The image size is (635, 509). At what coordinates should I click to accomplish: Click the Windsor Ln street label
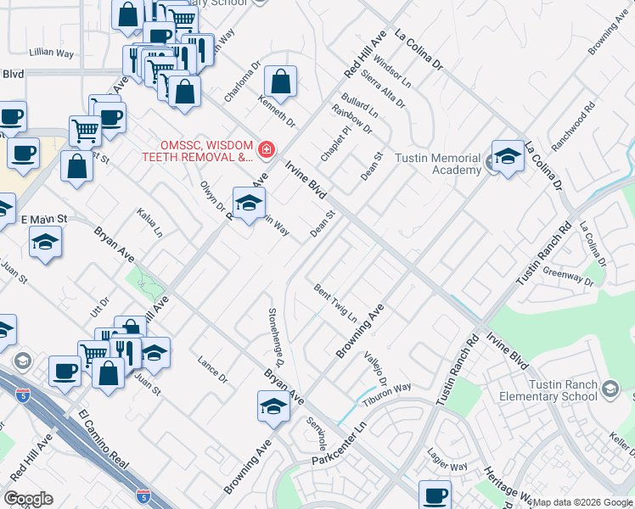click(391, 74)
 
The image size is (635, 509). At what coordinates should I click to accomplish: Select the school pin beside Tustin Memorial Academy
click(508, 157)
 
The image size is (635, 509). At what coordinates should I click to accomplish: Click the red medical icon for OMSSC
click(267, 150)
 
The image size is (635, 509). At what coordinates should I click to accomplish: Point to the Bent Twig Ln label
click(334, 303)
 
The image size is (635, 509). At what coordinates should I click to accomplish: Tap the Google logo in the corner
click(28, 499)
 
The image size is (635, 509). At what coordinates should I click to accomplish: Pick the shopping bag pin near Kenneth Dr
click(280, 83)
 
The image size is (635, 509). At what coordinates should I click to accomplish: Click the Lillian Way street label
click(53, 53)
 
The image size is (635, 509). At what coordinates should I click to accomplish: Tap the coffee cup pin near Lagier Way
click(436, 495)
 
